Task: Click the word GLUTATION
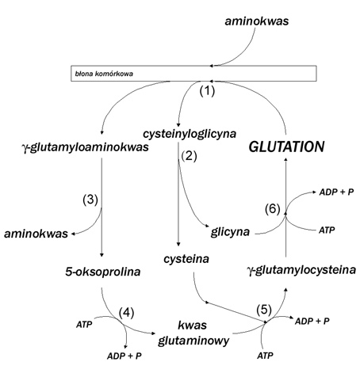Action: tap(286, 147)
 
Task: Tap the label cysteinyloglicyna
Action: tap(190, 134)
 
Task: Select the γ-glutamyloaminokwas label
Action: tap(85, 147)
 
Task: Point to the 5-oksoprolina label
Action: tap(103, 272)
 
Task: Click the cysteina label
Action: tap(186, 259)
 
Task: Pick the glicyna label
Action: tap(230, 232)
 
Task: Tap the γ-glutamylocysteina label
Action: tap(301, 270)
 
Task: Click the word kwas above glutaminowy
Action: tap(192, 326)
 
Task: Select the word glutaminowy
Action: tap(193, 341)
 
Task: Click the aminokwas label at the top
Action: tap(257, 21)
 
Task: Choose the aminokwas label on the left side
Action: tap(36, 234)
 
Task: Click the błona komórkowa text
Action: tap(104, 74)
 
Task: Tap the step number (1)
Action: tap(207, 91)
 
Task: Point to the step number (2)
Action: tap(189, 157)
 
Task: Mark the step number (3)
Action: tap(90, 200)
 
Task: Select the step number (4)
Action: tap(126, 313)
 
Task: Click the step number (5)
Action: tap(264, 310)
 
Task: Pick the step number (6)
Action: tap(273, 209)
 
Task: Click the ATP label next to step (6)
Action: tap(327, 230)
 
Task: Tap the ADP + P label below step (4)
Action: tap(124, 356)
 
